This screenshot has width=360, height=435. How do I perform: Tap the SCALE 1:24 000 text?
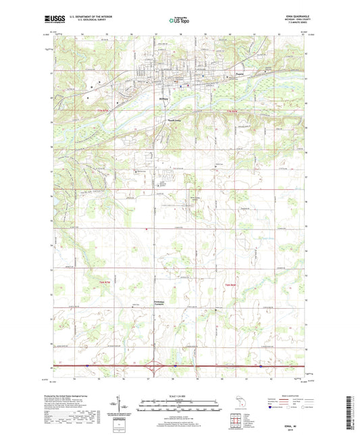tap(180, 395)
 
